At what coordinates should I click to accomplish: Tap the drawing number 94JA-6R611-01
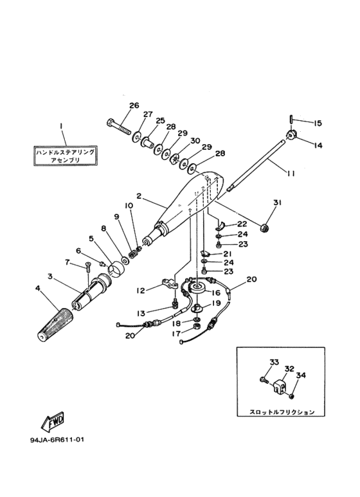tap(57, 440)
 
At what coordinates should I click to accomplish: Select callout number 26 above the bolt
tap(134, 105)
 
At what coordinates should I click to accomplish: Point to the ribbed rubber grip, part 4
tap(54, 324)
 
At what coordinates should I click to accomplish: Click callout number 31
tap(277, 203)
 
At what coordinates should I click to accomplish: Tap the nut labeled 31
tap(264, 228)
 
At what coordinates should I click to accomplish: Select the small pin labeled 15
tap(291, 121)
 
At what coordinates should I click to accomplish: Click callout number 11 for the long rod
tap(291, 174)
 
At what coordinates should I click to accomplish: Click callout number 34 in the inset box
tap(301, 375)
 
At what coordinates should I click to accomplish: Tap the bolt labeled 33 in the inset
tap(264, 379)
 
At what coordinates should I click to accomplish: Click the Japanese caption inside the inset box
tap(282, 411)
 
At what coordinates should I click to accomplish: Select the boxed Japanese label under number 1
tap(65, 156)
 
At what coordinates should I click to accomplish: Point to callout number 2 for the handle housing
tap(138, 196)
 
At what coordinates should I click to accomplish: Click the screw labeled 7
tap(87, 268)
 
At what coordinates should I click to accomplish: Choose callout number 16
tap(217, 293)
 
